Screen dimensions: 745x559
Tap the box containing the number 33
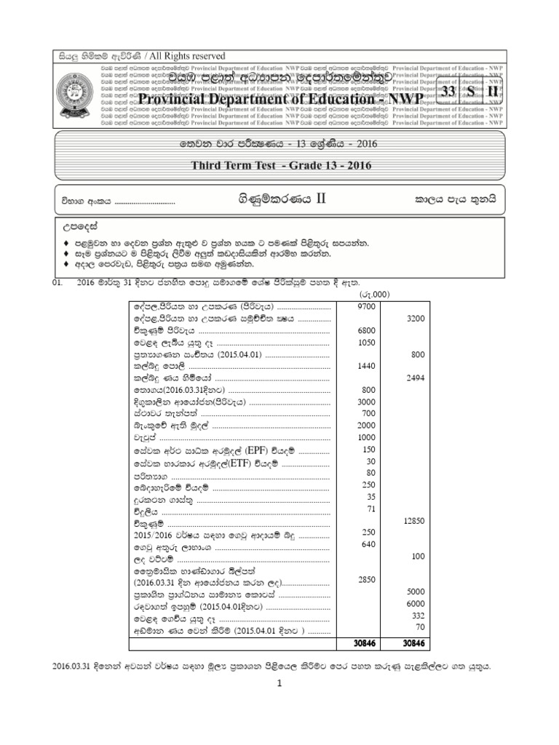[448, 92]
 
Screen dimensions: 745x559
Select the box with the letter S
[471, 92]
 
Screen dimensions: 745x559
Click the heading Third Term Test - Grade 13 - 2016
[281, 165]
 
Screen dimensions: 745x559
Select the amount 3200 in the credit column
[413, 319]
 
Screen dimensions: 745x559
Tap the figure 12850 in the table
[413, 521]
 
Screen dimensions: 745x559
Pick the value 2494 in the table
[413, 378]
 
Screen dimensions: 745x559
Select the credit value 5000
[413, 591]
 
